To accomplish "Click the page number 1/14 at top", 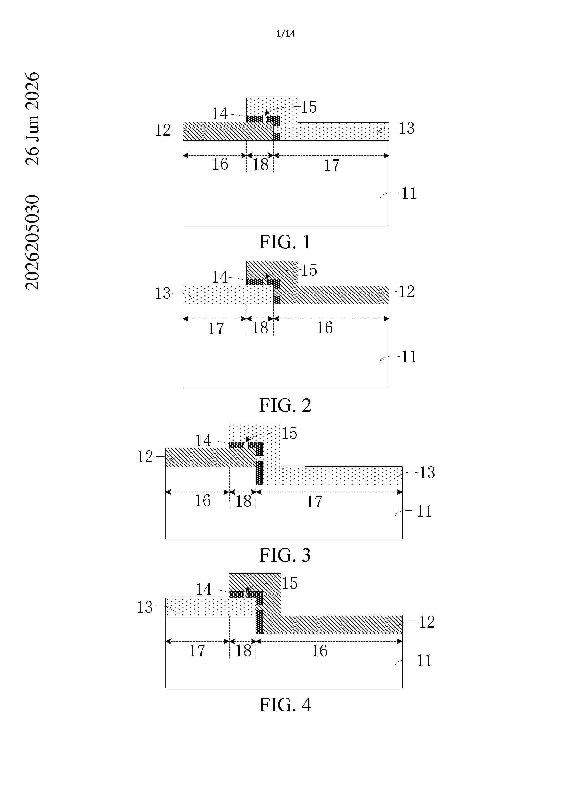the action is click(286, 33).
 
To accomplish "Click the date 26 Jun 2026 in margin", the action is click(33, 119).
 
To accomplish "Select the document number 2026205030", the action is click(33, 242).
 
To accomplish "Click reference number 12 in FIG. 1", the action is click(163, 130).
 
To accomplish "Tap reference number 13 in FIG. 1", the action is click(406, 128).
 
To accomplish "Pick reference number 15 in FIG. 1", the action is click(309, 107).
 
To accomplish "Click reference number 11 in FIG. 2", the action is click(409, 357).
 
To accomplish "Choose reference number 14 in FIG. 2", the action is click(219, 277).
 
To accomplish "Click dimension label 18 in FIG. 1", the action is click(260, 164).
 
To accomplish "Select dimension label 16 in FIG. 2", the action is click(324, 328).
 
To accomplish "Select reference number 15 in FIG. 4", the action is click(290, 583).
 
